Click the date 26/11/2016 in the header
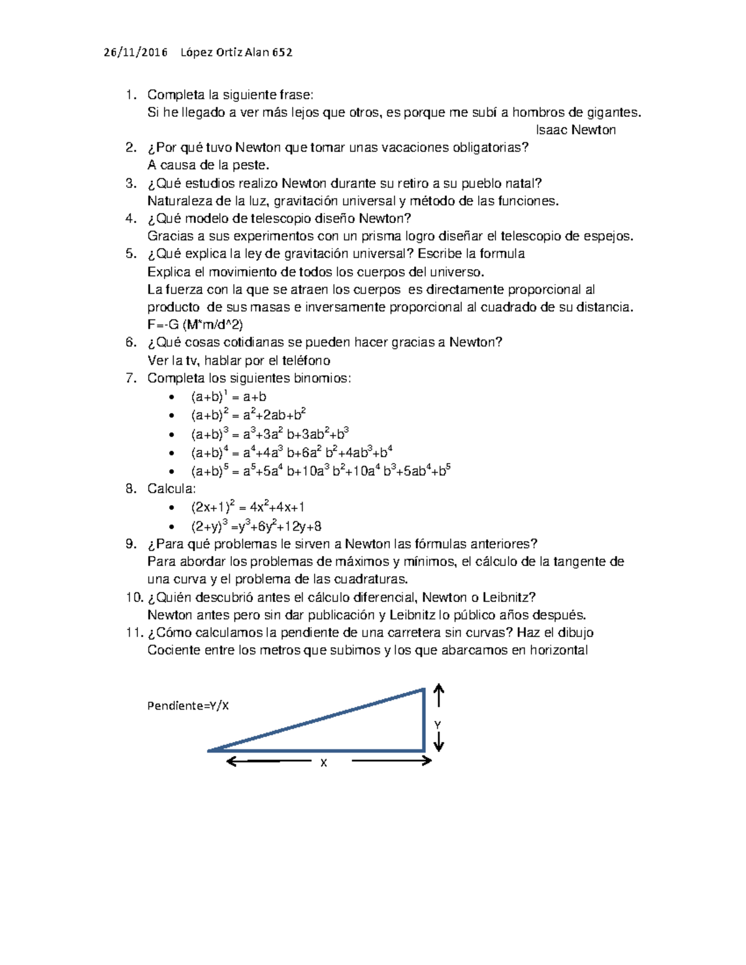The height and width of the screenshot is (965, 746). point(136,53)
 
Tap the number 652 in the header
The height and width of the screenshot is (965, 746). point(282,53)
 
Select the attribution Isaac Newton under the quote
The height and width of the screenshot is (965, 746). point(576,130)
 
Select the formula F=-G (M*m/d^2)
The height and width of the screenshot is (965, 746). point(195,324)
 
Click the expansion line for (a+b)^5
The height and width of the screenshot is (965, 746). point(320,471)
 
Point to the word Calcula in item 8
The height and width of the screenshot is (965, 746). point(171,488)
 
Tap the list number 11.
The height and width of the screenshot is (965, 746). point(133,633)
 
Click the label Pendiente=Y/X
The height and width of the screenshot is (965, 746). point(188,706)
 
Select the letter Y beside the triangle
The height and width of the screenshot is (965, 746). point(438,725)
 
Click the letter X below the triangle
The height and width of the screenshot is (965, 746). point(323,763)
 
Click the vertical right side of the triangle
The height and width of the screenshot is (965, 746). point(424,721)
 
